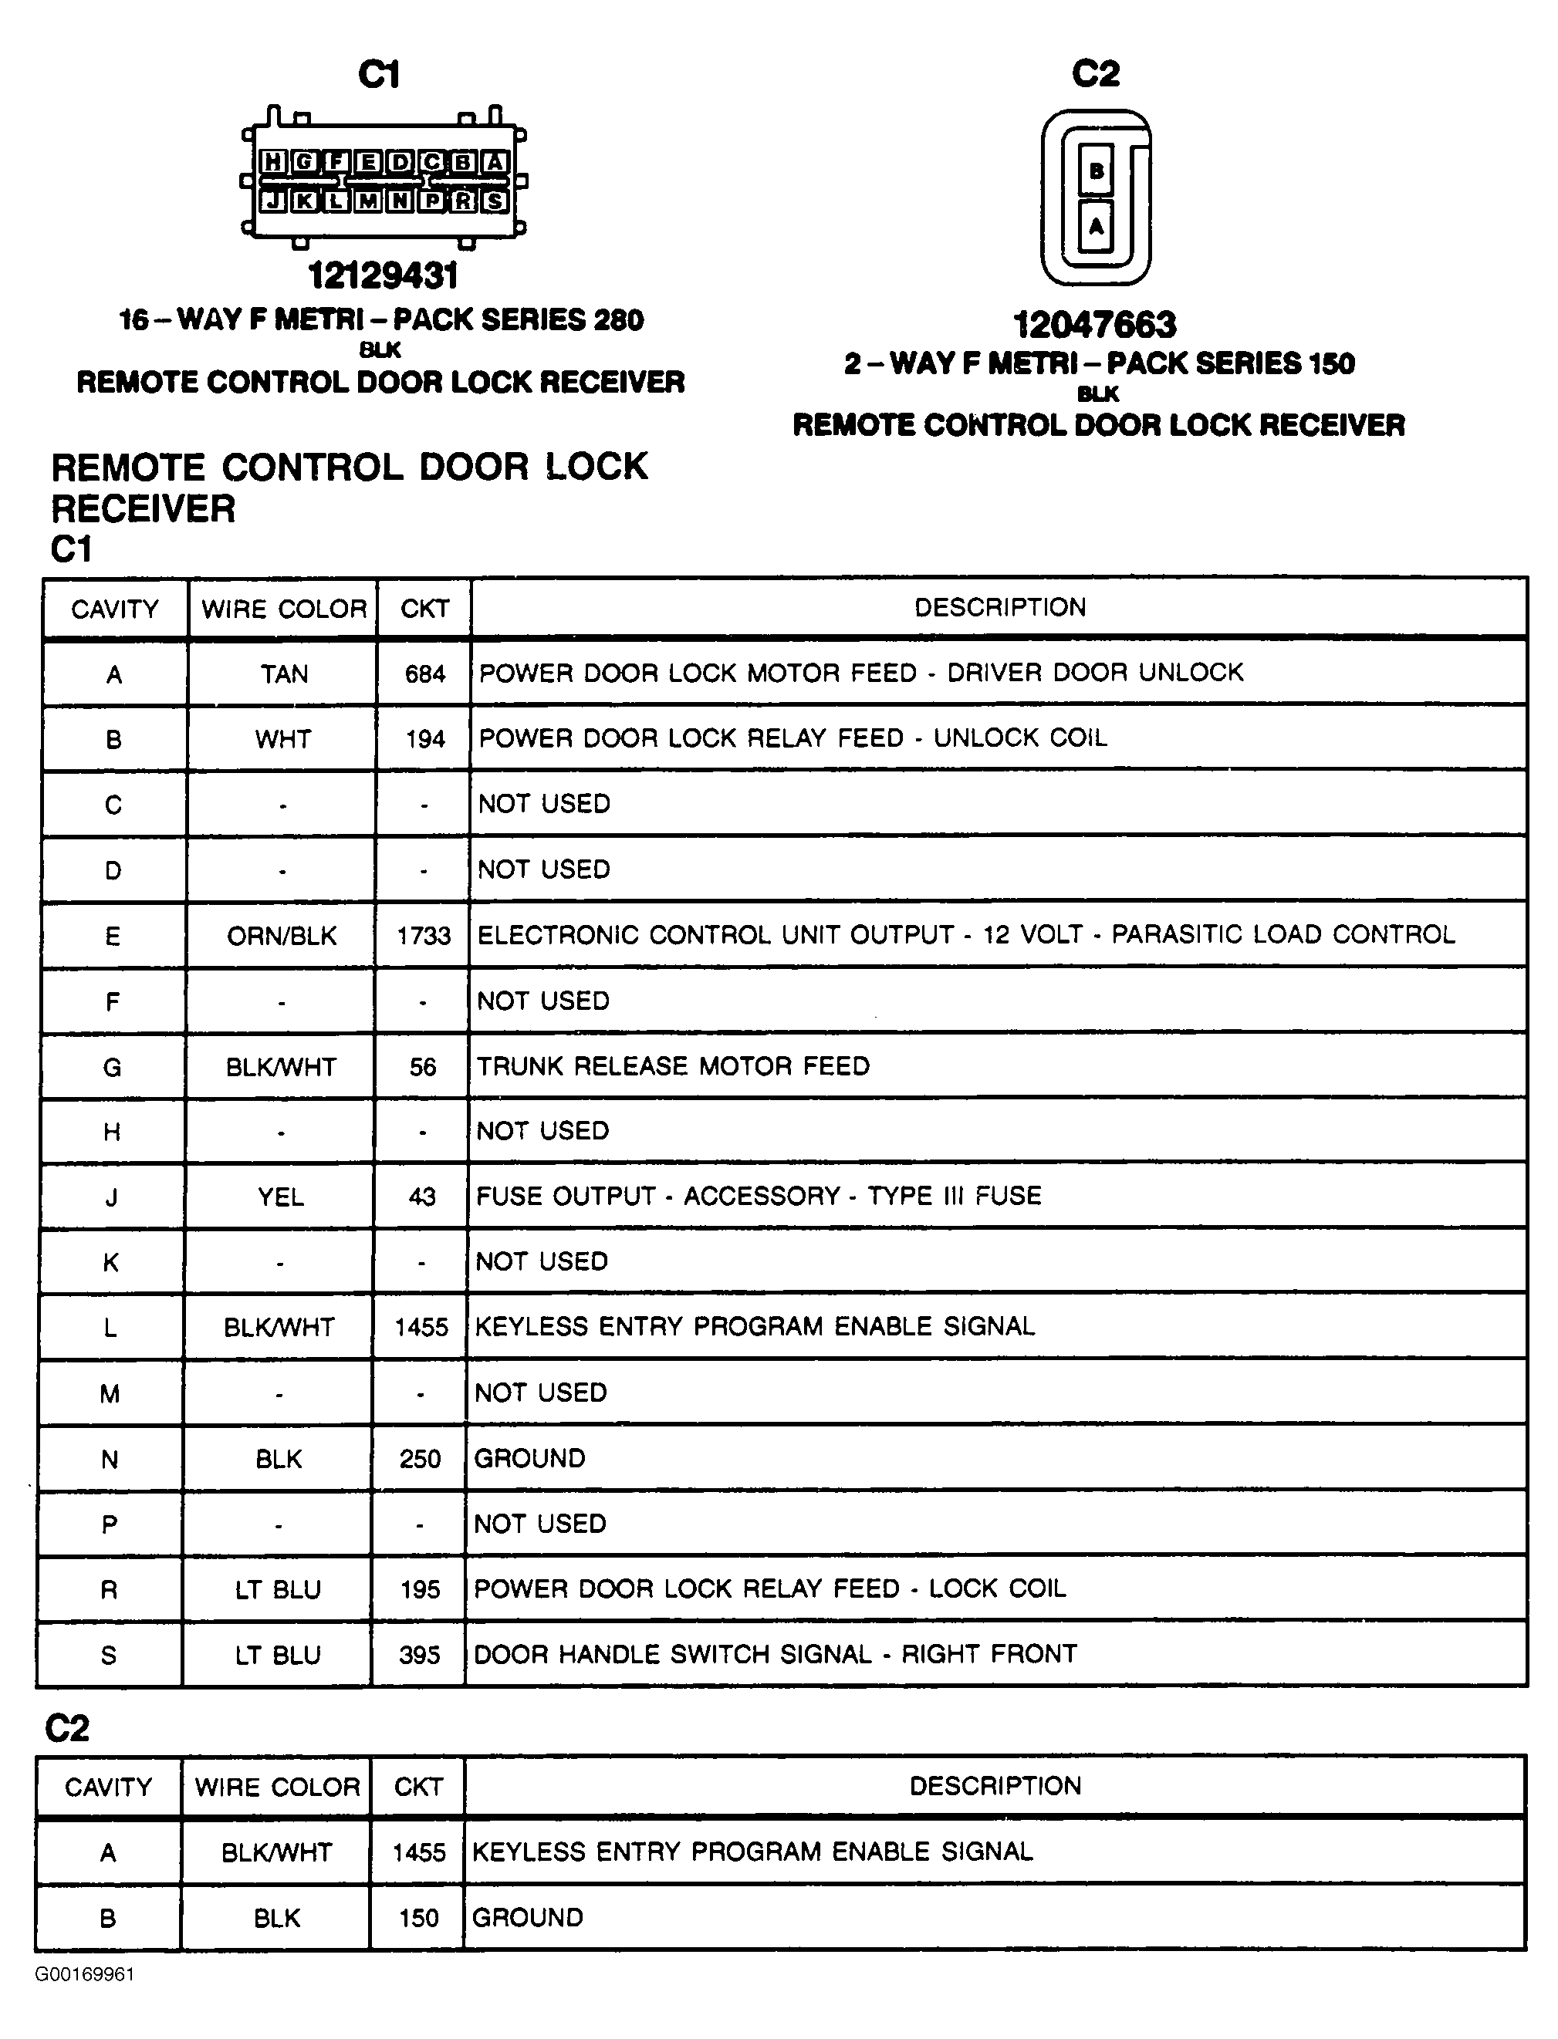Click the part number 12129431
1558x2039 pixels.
[x=382, y=275]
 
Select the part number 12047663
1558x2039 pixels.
[x=1094, y=325]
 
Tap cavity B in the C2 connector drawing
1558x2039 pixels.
[x=1097, y=170]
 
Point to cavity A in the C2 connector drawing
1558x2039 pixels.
[x=1097, y=225]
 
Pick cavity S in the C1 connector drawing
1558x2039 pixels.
[x=495, y=201]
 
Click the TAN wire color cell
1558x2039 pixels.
[x=283, y=674]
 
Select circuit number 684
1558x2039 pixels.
[x=424, y=674]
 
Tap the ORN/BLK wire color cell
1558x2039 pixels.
[x=282, y=936]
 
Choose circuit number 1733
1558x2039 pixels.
[x=424, y=936]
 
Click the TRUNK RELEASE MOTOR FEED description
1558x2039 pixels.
[x=673, y=1066]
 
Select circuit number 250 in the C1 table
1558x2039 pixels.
[x=420, y=1459]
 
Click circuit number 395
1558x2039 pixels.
[x=419, y=1655]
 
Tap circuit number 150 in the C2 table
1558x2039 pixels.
[x=418, y=1918]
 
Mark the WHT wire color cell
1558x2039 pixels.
[x=283, y=739]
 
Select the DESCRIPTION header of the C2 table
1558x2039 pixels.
[x=995, y=1786]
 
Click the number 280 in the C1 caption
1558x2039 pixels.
[x=617, y=320]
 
